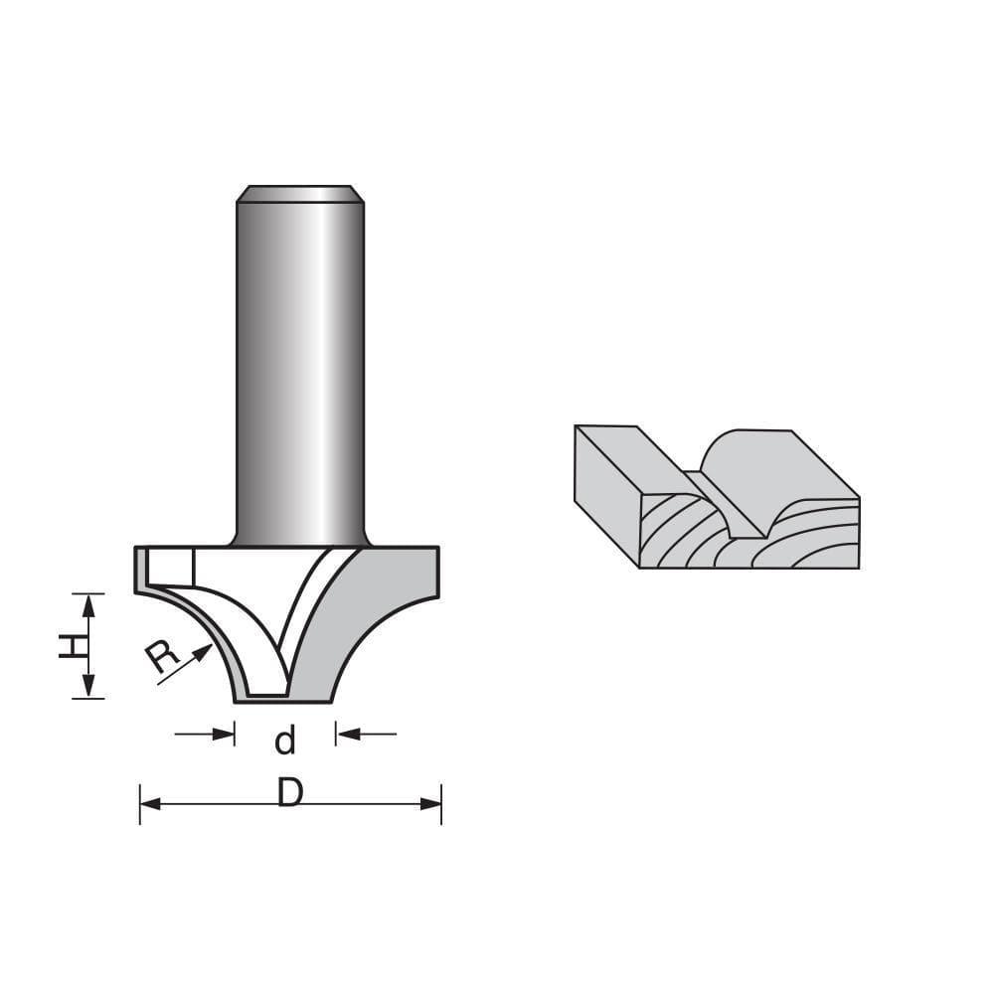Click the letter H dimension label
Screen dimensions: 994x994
(70, 646)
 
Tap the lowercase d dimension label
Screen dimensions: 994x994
(285, 741)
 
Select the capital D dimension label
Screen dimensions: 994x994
(289, 793)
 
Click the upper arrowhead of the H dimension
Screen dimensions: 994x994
(88, 602)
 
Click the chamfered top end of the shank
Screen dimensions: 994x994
(299, 193)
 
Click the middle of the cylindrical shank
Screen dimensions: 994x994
(299, 368)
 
